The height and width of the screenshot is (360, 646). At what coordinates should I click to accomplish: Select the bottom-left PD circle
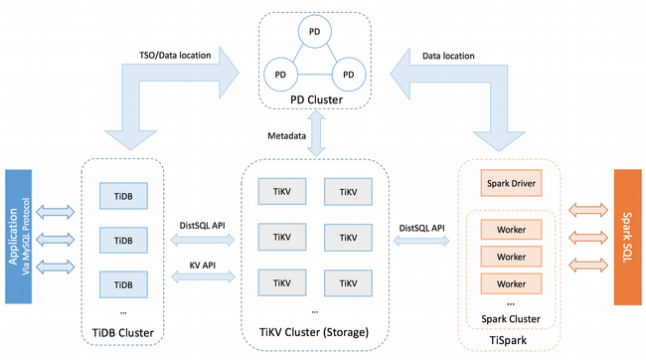pos(282,76)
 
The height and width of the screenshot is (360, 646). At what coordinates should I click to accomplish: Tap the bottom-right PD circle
pos(348,76)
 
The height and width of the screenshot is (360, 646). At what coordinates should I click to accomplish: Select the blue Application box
pos(20,235)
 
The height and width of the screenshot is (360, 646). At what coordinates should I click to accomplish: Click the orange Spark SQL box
pos(626,235)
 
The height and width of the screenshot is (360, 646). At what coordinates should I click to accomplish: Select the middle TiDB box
pos(122,241)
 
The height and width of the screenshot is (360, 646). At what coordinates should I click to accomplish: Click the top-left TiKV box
pos(280,191)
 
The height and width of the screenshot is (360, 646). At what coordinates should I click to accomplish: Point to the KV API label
pos(204,268)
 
